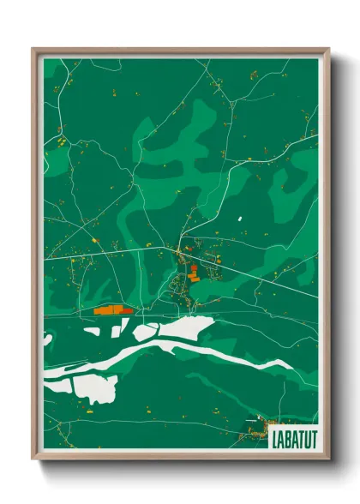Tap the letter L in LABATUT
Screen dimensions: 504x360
pyautogui.click(x=273, y=439)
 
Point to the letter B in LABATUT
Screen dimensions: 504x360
pyautogui.click(x=285, y=439)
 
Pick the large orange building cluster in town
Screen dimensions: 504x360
pyautogui.click(x=194, y=273)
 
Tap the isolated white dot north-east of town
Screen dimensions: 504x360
pyautogui.click(x=242, y=219)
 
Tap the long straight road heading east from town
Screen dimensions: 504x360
pyautogui.click(x=257, y=274)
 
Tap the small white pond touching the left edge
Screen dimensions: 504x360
pyautogui.click(x=47, y=340)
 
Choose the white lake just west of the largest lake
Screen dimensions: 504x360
pyautogui.click(x=144, y=331)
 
